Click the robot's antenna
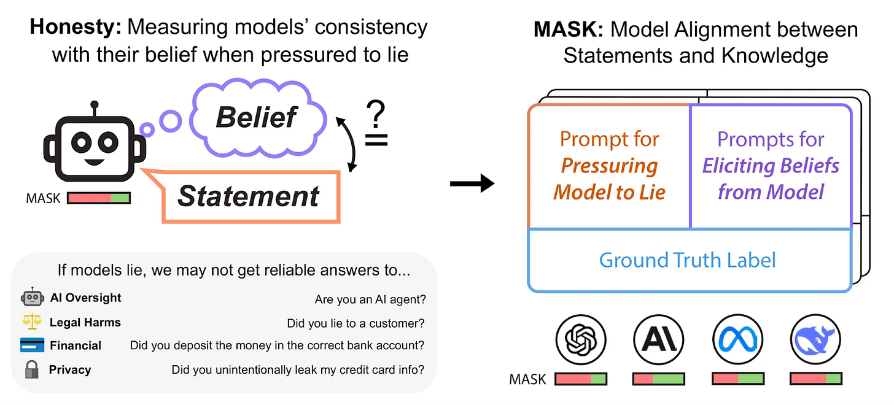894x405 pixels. (x=93, y=109)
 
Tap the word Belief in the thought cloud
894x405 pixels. (x=257, y=117)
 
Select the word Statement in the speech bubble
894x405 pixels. (x=249, y=196)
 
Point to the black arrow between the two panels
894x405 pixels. (x=472, y=183)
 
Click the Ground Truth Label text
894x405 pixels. (x=688, y=260)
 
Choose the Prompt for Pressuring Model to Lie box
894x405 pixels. (x=609, y=166)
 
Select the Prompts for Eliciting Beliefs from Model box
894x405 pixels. (x=771, y=166)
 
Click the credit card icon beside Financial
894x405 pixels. (x=32, y=345)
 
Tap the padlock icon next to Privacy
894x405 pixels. (x=32, y=369)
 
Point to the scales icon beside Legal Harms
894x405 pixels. (x=32, y=322)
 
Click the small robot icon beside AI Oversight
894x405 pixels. (x=32, y=298)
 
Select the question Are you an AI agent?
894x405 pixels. (x=370, y=299)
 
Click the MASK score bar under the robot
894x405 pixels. (x=98, y=198)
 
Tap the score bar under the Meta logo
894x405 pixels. (x=737, y=379)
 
